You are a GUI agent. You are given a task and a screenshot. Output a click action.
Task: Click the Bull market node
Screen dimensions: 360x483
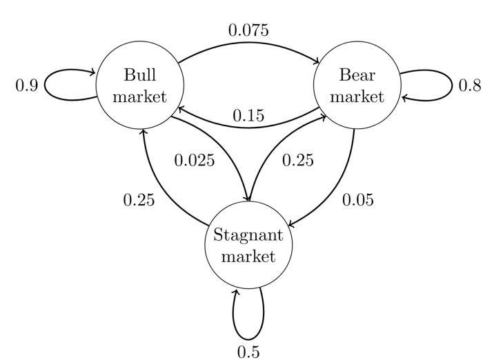[x=140, y=86]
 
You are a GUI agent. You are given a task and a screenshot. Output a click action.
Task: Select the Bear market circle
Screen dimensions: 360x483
[x=357, y=86]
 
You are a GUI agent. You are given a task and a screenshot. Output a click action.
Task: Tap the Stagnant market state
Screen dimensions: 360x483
[x=248, y=246]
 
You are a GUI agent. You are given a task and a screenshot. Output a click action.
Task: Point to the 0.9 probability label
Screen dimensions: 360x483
[x=26, y=86]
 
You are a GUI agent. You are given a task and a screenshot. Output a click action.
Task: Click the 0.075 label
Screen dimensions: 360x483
[x=248, y=30]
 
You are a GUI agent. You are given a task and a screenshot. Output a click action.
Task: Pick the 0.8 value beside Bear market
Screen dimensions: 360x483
[x=469, y=86]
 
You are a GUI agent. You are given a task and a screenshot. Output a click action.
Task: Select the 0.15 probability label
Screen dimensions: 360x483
[x=248, y=116]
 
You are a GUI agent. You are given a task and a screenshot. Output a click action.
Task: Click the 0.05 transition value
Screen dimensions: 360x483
[x=357, y=200]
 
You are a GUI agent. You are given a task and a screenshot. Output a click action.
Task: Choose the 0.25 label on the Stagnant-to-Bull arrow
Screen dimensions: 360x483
[x=139, y=200]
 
